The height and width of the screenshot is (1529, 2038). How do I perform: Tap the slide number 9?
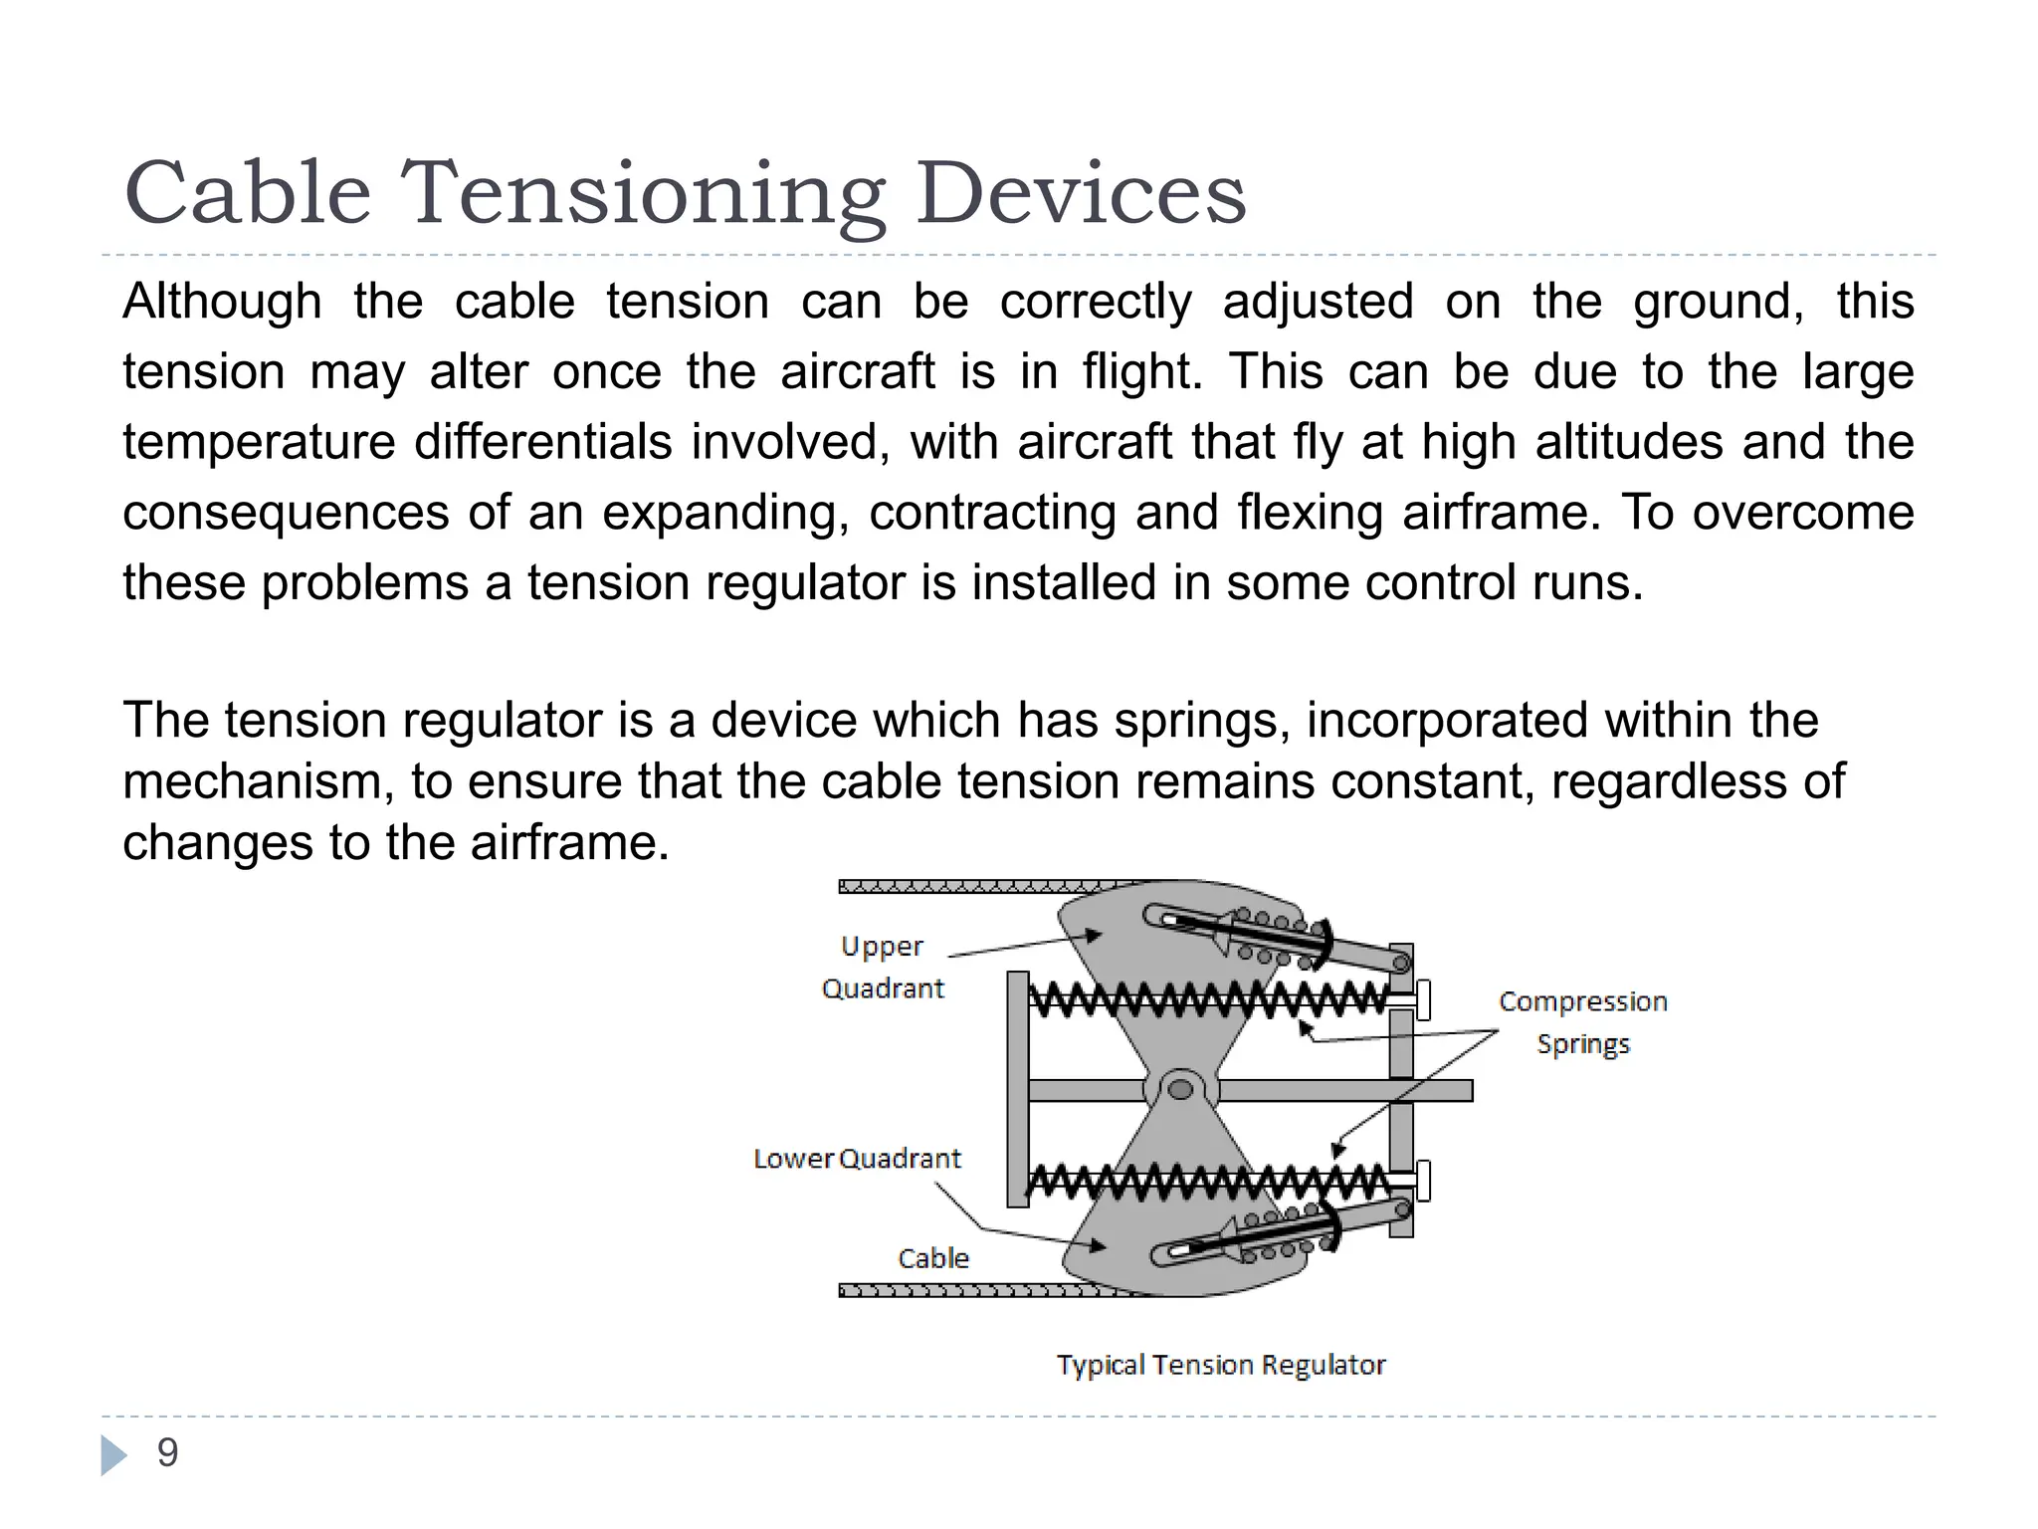point(167,1452)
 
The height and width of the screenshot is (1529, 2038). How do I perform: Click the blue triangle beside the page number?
point(113,1454)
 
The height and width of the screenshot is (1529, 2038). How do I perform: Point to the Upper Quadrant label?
point(883,967)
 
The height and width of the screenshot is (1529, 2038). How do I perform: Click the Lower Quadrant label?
point(857,1159)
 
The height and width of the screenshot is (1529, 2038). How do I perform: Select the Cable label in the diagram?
point(932,1258)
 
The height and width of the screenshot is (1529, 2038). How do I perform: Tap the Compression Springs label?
point(1582,1022)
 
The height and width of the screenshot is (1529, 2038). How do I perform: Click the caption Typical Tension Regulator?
point(1221,1365)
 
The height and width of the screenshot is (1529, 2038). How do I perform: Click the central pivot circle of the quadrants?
point(1180,1089)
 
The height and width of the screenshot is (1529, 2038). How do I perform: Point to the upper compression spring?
point(1204,998)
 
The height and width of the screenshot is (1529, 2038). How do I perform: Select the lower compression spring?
point(1204,1182)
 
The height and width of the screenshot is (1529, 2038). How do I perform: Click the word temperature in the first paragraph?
point(259,442)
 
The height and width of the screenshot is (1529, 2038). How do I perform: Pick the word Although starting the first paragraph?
point(222,302)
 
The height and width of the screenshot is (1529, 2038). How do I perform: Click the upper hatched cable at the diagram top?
point(975,886)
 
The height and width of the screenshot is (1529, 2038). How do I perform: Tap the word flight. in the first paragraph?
point(1142,371)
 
